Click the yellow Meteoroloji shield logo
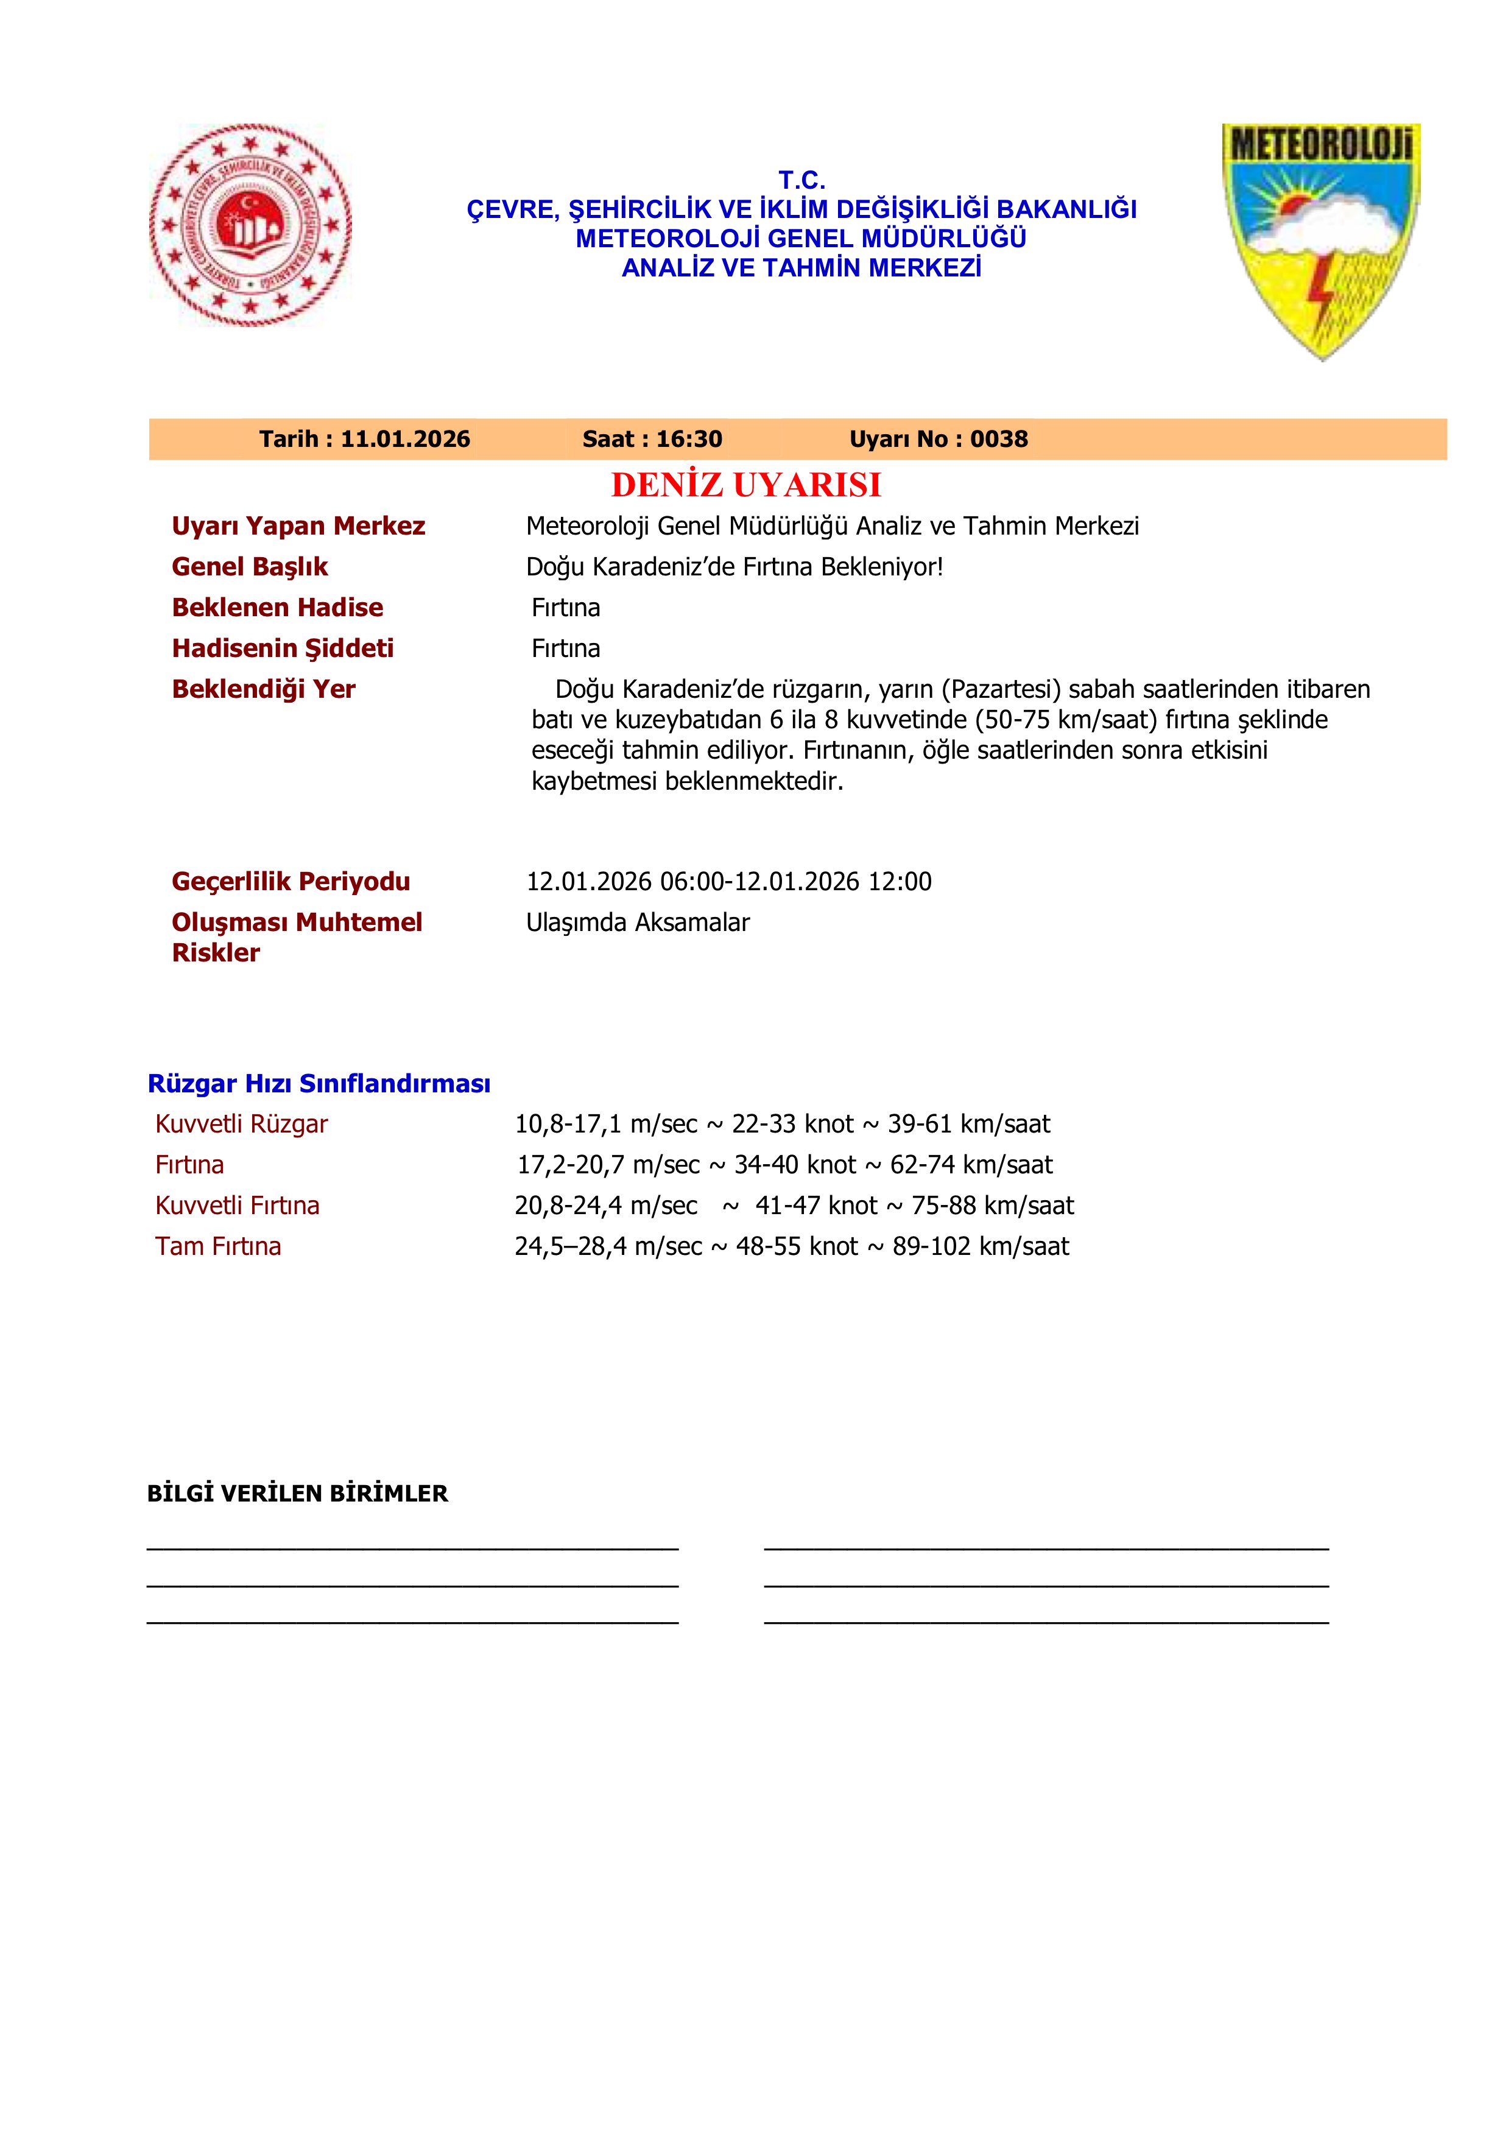click(x=1321, y=240)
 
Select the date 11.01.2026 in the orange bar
click(x=405, y=439)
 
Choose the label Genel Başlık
click(x=249, y=566)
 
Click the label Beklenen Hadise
click(x=277, y=608)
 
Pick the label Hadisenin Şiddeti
click(x=282, y=648)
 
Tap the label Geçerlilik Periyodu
click(x=291, y=881)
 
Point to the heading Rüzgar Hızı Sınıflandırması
click(x=319, y=1084)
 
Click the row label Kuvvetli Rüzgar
click(x=241, y=1124)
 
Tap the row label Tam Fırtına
click(x=217, y=1246)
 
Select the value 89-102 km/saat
click(x=981, y=1246)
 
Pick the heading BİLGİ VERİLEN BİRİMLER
click(x=298, y=1494)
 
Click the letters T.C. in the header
click(x=801, y=180)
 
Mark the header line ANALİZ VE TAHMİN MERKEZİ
click(x=801, y=268)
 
